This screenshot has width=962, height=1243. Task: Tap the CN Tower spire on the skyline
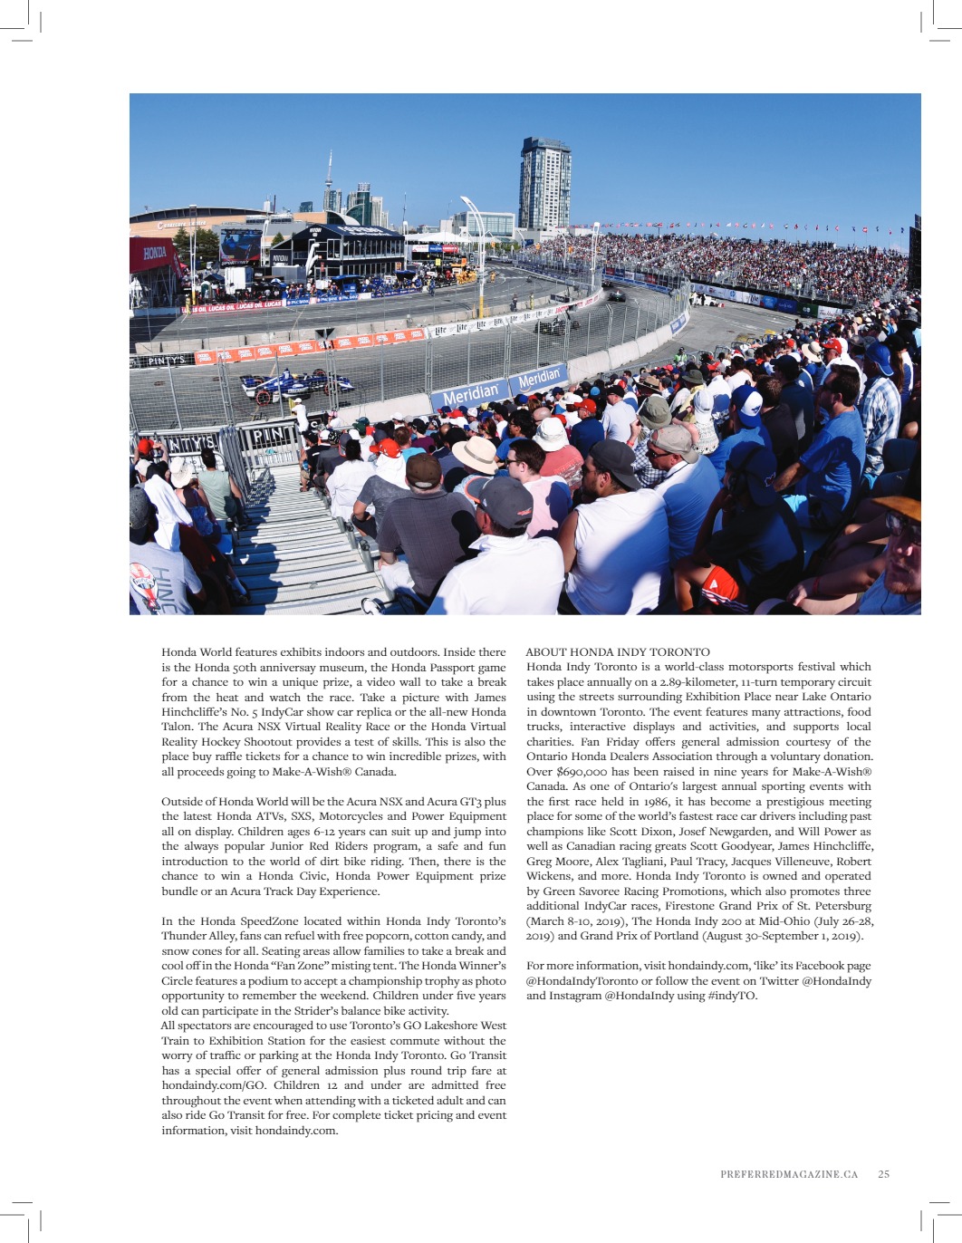point(329,172)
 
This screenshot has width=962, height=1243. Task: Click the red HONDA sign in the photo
point(155,253)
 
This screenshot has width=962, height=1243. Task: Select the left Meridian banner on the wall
point(471,393)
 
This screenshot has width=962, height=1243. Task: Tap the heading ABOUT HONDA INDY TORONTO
point(618,651)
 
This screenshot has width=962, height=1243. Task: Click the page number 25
point(883,1173)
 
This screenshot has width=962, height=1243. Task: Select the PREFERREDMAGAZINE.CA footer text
point(788,1173)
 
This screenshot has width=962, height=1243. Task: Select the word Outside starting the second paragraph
point(182,802)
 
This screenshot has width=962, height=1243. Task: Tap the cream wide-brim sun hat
point(476,452)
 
